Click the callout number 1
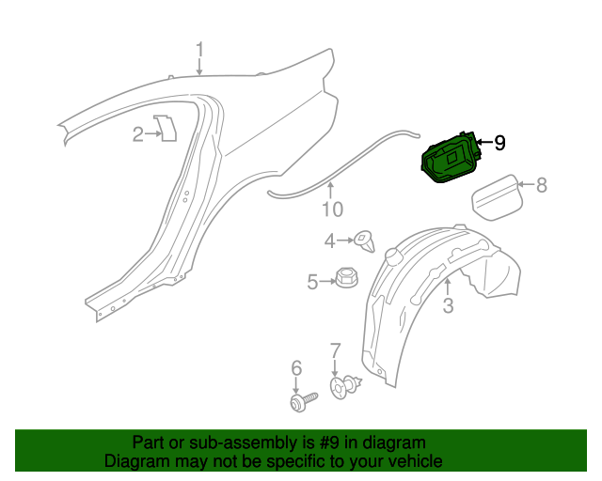(x=199, y=49)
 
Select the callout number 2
(x=137, y=134)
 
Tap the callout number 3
(x=448, y=305)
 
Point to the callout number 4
(x=330, y=241)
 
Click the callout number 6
(x=295, y=367)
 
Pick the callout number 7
(x=335, y=351)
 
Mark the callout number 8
(x=541, y=186)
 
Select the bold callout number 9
(x=499, y=143)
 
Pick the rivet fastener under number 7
(x=346, y=385)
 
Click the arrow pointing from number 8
(x=526, y=186)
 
